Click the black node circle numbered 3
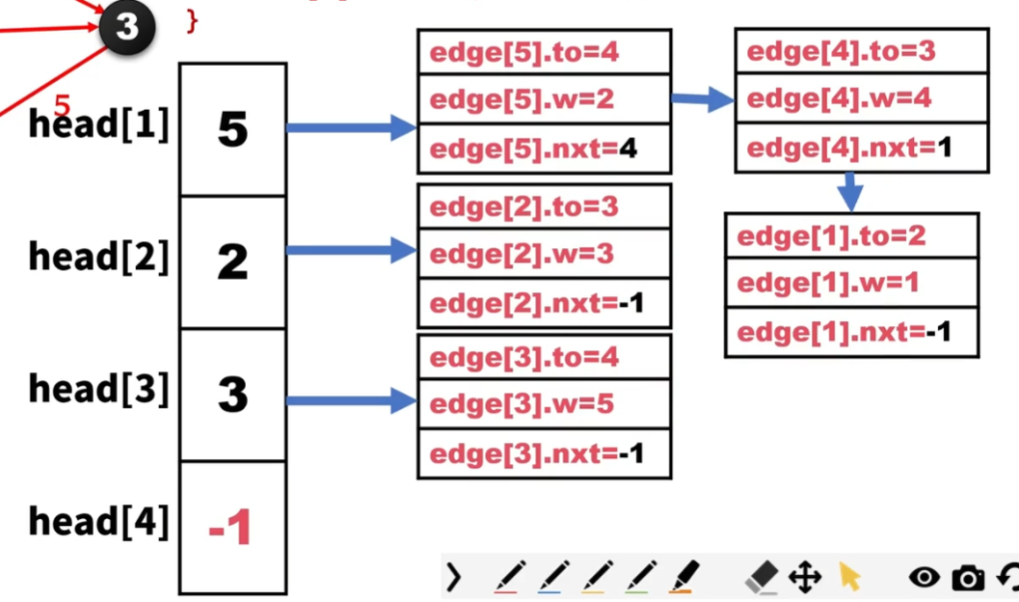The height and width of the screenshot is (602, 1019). click(x=126, y=27)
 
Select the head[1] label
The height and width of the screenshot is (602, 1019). click(x=98, y=124)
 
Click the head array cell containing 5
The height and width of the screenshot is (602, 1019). click(x=232, y=129)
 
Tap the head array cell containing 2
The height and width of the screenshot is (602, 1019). click(x=232, y=261)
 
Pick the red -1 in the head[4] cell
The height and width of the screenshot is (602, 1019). click(x=230, y=527)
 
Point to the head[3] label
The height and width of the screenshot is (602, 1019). click(x=98, y=389)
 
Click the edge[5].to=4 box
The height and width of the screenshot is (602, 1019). click(x=544, y=51)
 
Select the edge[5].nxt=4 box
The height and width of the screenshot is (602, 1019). click(x=544, y=150)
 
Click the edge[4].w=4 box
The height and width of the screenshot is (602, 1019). click(x=860, y=98)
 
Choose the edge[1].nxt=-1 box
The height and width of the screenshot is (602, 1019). click(x=851, y=333)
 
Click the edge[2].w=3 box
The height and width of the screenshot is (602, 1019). click(x=544, y=255)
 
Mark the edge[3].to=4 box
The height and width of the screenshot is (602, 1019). click(x=544, y=358)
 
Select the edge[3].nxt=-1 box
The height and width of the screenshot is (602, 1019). click(x=544, y=453)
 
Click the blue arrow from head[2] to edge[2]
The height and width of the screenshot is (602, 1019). click(x=351, y=251)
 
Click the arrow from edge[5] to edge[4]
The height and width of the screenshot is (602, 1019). click(x=702, y=98)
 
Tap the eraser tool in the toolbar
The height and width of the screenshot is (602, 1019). click(x=761, y=577)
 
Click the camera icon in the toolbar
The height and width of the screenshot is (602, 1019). click(x=967, y=577)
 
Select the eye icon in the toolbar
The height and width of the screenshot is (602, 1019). click(x=924, y=577)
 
